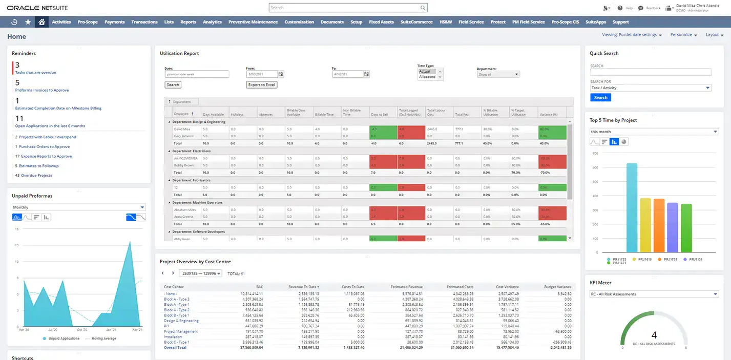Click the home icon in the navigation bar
41,22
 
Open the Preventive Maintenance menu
253,22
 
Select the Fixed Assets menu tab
381,22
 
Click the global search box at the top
347,8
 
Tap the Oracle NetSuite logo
37,8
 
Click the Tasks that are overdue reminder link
35,73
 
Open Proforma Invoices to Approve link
42,90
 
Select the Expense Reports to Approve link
46,156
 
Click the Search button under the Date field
173,85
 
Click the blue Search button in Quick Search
600,97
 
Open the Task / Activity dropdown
651,88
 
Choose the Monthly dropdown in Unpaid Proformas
79,207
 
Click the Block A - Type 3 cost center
177,299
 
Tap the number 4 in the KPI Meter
654,335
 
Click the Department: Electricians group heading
192,151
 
